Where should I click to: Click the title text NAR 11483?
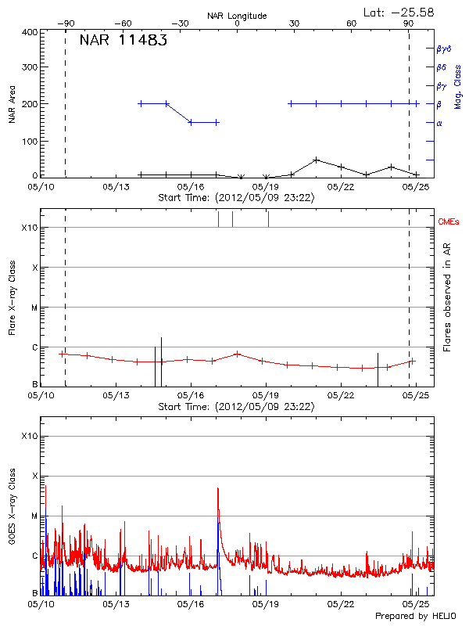pos(123,41)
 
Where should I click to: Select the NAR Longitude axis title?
pos(237,16)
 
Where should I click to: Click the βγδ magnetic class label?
pos(444,49)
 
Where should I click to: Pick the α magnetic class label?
pos(439,123)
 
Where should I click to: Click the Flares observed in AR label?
pos(447,297)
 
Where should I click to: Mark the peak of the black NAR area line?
pos(316,160)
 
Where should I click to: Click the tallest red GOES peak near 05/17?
pos(218,488)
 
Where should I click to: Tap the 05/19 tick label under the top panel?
pos(267,187)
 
